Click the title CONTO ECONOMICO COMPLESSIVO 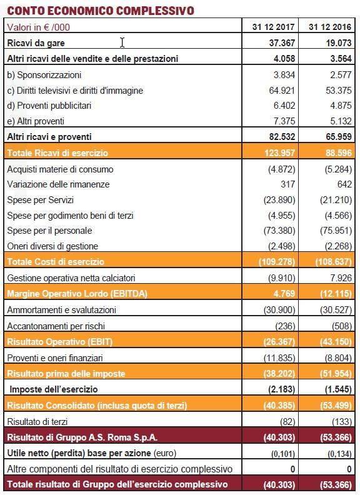[101, 11]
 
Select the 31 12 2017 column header [274, 27]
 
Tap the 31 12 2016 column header [330, 27]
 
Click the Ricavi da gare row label [36, 43]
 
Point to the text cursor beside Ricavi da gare [122, 42]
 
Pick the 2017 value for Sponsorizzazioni [284, 75]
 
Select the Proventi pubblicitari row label [49, 106]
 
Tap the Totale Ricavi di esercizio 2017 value [280, 153]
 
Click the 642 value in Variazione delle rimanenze [344, 184]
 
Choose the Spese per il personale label [49, 231]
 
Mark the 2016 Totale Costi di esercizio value [334, 262]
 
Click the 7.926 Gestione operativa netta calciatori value [341, 277]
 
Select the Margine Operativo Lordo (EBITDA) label [77, 294]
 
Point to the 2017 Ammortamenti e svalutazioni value [279, 310]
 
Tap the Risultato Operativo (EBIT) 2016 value [336, 342]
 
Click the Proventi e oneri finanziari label [55, 358]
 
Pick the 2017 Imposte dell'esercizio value [282, 389]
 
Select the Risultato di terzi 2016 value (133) [342, 422]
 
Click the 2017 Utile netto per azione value [283, 454]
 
